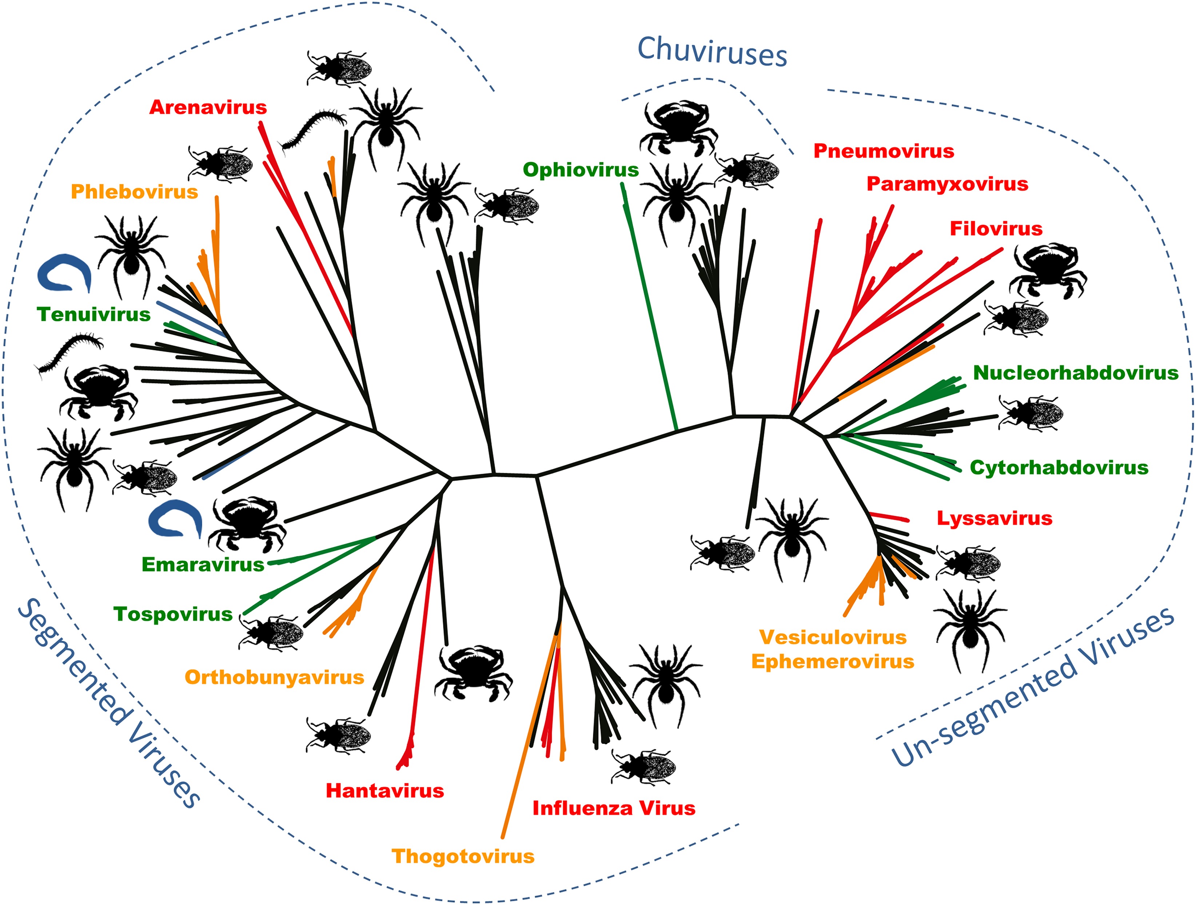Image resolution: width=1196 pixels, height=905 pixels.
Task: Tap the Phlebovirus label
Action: click(x=134, y=192)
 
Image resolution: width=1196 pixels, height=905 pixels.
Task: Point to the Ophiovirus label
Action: click(x=581, y=170)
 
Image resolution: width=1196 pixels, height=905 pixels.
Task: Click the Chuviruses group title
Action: click(x=712, y=52)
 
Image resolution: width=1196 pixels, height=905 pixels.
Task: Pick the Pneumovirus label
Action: click(x=884, y=151)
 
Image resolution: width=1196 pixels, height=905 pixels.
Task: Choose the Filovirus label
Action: click(x=996, y=229)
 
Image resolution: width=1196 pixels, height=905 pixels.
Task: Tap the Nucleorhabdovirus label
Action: click(x=1076, y=373)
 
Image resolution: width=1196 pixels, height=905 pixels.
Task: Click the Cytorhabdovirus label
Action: click(x=1059, y=467)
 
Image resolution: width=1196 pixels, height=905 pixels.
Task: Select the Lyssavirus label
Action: click(x=994, y=518)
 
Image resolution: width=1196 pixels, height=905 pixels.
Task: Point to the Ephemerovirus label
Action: click(x=833, y=661)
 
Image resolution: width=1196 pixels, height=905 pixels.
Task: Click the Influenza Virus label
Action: click(x=614, y=808)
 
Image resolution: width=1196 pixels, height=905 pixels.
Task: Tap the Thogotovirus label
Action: click(x=463, y=856)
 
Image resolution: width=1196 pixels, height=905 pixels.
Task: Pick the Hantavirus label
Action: click(x=384, y=791)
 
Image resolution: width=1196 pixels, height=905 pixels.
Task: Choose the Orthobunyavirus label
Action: click(x=274, y=677)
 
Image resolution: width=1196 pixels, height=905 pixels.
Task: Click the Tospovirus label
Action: click(x=173, y=614)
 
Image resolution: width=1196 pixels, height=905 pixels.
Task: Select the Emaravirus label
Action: click(x=203, y=564)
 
